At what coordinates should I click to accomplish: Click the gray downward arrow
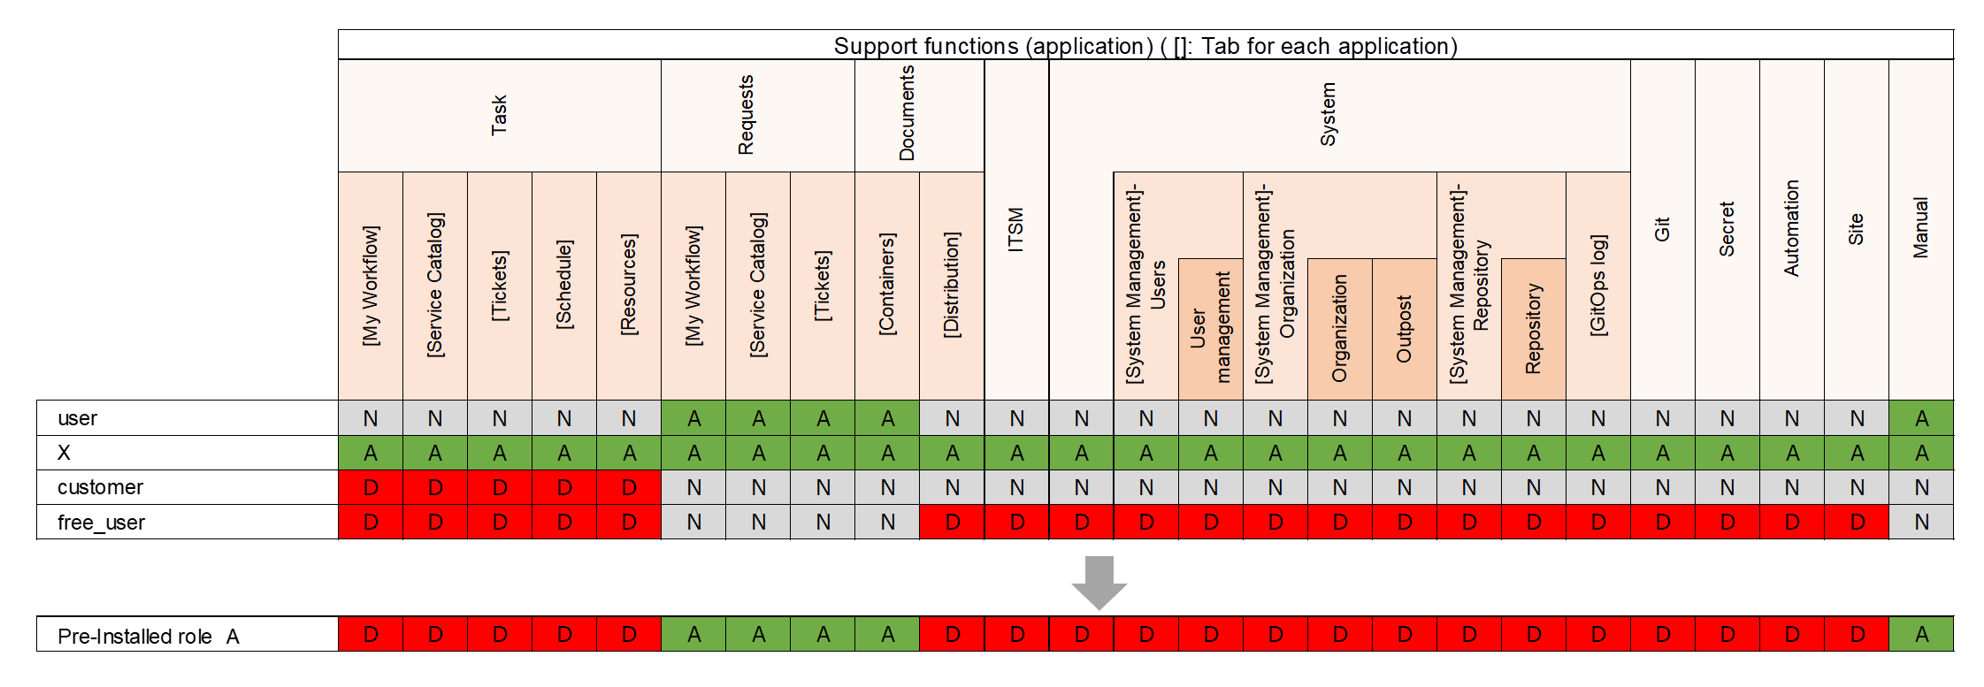(x=1099, y=582)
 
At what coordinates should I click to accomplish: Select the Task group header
(x=500, y=116)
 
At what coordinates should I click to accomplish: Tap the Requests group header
(x=747, y=116)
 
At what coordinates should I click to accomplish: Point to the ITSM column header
(x=1016, y=230)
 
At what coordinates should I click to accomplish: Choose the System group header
(x=1328, y=115)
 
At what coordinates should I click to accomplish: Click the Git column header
(x=1662, y=230)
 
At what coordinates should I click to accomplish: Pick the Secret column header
(x=1727, y=230)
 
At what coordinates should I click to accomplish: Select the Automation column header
(x=1791, y=230)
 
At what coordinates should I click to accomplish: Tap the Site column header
(x=1856, y=230)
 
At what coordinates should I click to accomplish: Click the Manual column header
(x=1920, y=230)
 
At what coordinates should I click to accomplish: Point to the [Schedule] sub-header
(x=564, y=286)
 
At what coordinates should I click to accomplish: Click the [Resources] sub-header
(x=629, y=286)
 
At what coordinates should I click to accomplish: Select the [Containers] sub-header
(x=887, y=286)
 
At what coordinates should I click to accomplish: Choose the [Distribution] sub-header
(x=952, y=286)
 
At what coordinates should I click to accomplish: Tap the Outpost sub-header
(x=1404, y=329)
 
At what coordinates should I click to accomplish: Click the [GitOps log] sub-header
(x=1597, y=286)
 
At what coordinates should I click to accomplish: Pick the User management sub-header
(x=1210, y=329)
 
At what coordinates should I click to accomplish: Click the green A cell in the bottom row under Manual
(x=1921, y=634)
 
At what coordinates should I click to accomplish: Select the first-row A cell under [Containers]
(x=887, y=418)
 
